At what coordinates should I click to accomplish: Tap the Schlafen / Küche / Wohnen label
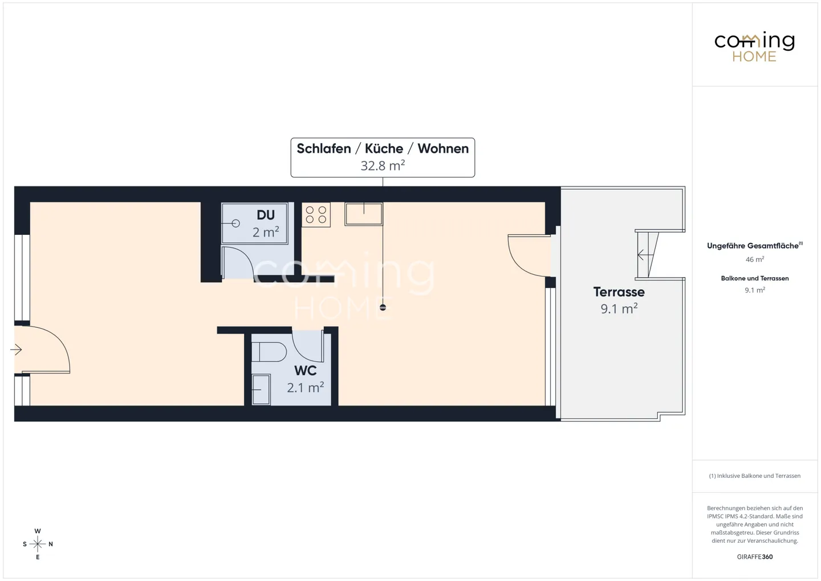tap(383, 148)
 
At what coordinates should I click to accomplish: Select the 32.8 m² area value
tap(383, 166)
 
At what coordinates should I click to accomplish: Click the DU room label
tap(266, 215)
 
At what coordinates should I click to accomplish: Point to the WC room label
tap(305, 371)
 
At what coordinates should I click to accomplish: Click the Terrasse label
tap(619, 292)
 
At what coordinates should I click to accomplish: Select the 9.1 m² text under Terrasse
tap(619, 309)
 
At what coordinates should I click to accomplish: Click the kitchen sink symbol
tap(364, 214)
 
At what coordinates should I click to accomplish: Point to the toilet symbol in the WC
tap(269, 351)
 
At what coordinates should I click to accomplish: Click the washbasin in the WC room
tap(261, 389)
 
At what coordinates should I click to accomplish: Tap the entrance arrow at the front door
tap(17, 350)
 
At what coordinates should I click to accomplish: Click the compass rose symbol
tap(38, 545)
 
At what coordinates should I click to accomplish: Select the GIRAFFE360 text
tap(754, 556)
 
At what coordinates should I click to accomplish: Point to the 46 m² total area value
tap(754, 259)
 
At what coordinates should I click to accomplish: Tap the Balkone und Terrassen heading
tap(754, 278)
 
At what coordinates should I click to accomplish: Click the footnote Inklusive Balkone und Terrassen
tap(754, 476)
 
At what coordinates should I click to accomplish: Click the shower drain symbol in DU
tap(235, 224)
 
